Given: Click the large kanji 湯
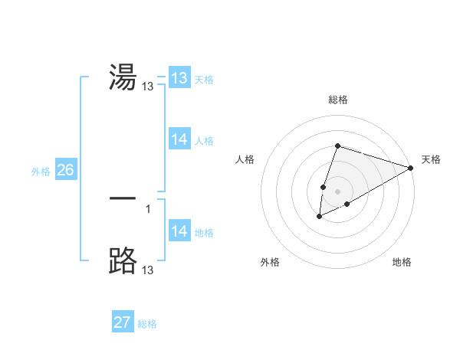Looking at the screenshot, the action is tap(123, 77).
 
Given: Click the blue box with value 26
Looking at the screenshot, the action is tap(65, 170).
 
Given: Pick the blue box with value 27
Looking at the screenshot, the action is tap(122, 322).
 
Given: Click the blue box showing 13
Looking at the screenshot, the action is tap(179, 78).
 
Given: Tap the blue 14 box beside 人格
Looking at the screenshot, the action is tap(179, 139).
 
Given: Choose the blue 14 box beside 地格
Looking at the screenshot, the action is tap(179, 231).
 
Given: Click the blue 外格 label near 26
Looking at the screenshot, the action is tap(41, 172).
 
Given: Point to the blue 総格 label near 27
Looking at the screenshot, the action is tap(147, 324).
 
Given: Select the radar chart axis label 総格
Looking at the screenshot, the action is tap(337, 100).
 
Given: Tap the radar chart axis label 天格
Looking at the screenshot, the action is tap(431, 159).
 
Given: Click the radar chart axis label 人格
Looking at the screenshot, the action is tap(245, 159).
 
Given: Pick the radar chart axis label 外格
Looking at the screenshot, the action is tap(269, 262).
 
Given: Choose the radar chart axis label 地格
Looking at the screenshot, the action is tap(402, 262).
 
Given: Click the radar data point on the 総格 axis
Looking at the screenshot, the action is tap(337, 146).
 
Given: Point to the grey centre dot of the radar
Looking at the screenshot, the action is tap(337, 191).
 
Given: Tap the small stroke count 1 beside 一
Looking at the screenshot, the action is tap(147, 208).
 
